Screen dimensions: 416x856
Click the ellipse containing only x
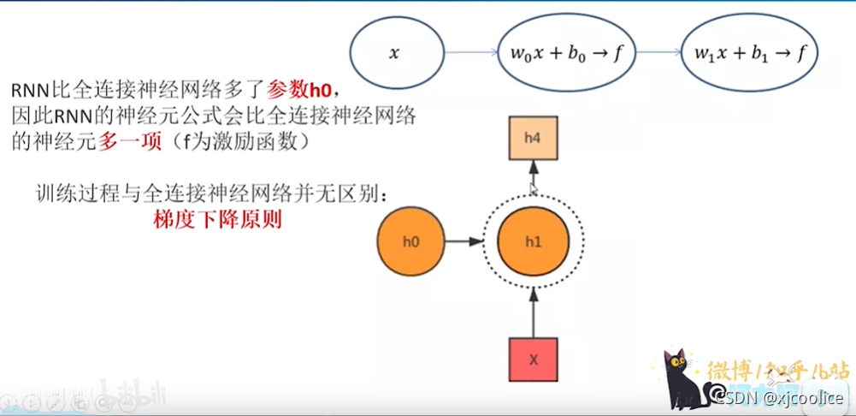[x=394, y=53]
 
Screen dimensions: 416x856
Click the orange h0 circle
[x=411, y=242]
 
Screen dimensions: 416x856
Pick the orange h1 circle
[x=533, y=242]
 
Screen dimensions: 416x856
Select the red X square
[x=533, y=360]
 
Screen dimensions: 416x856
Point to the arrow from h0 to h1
[x=463, y=242]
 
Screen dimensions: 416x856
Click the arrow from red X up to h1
[x=533, y=312]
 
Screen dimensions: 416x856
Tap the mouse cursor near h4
[x=533, y=188]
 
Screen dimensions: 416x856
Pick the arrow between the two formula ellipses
[x=655, y=53]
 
